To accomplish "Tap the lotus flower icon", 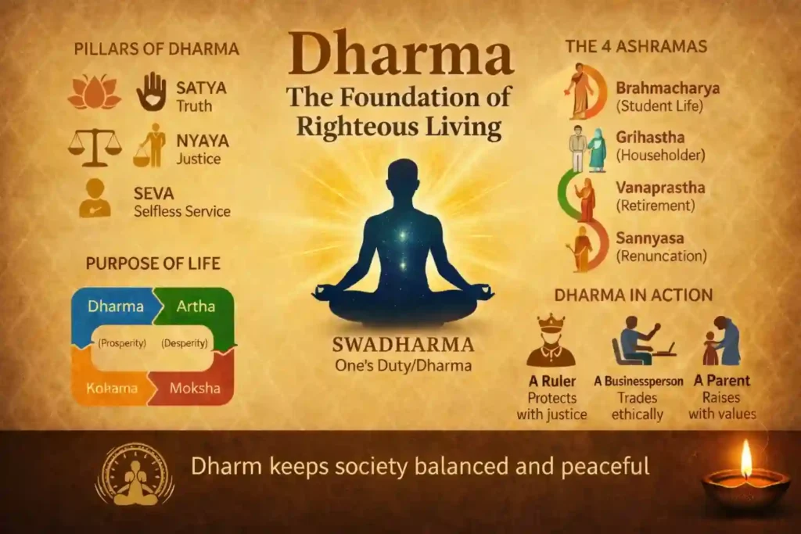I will [x=95, y=93].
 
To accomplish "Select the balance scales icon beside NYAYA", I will [x=95, y=146].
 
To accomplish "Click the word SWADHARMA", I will [x=403, y=345].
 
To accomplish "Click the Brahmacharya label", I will [x=667, y=88].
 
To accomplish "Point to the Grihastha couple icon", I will [x=587, y=149].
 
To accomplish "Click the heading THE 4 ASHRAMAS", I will [x=636, y=46].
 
